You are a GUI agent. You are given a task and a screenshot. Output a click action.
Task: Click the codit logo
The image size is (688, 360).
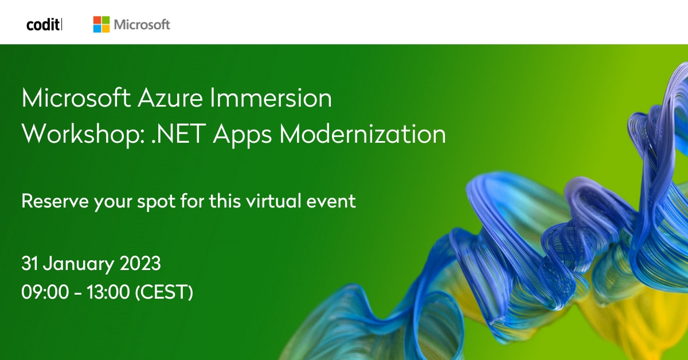[44, 25]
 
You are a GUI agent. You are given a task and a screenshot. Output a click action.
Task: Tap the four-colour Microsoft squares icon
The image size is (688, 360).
[101, 24]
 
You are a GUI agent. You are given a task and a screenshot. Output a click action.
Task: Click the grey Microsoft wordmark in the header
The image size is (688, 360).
[142, 25]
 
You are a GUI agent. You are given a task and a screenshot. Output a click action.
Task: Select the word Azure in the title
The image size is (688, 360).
[170, 99]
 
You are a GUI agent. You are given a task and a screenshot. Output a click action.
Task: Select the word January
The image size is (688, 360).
[79, 265]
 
